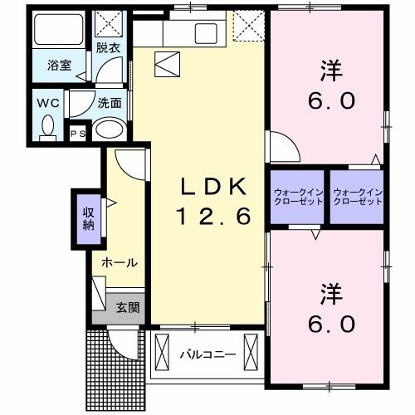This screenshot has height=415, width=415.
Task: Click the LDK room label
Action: pyautogui.click(x=212, y=187)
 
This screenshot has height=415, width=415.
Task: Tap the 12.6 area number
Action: pyautogui.click(x=212, y=217)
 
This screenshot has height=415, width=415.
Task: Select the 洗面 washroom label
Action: pyautogui.click(x=110, y=104)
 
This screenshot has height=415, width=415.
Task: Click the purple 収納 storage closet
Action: pyautogui.click(x=87, y=218)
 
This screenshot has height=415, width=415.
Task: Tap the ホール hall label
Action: pyautogui.click(x=119, y=262)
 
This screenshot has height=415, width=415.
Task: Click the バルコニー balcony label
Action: pyautogui.click(x=207, y=354)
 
